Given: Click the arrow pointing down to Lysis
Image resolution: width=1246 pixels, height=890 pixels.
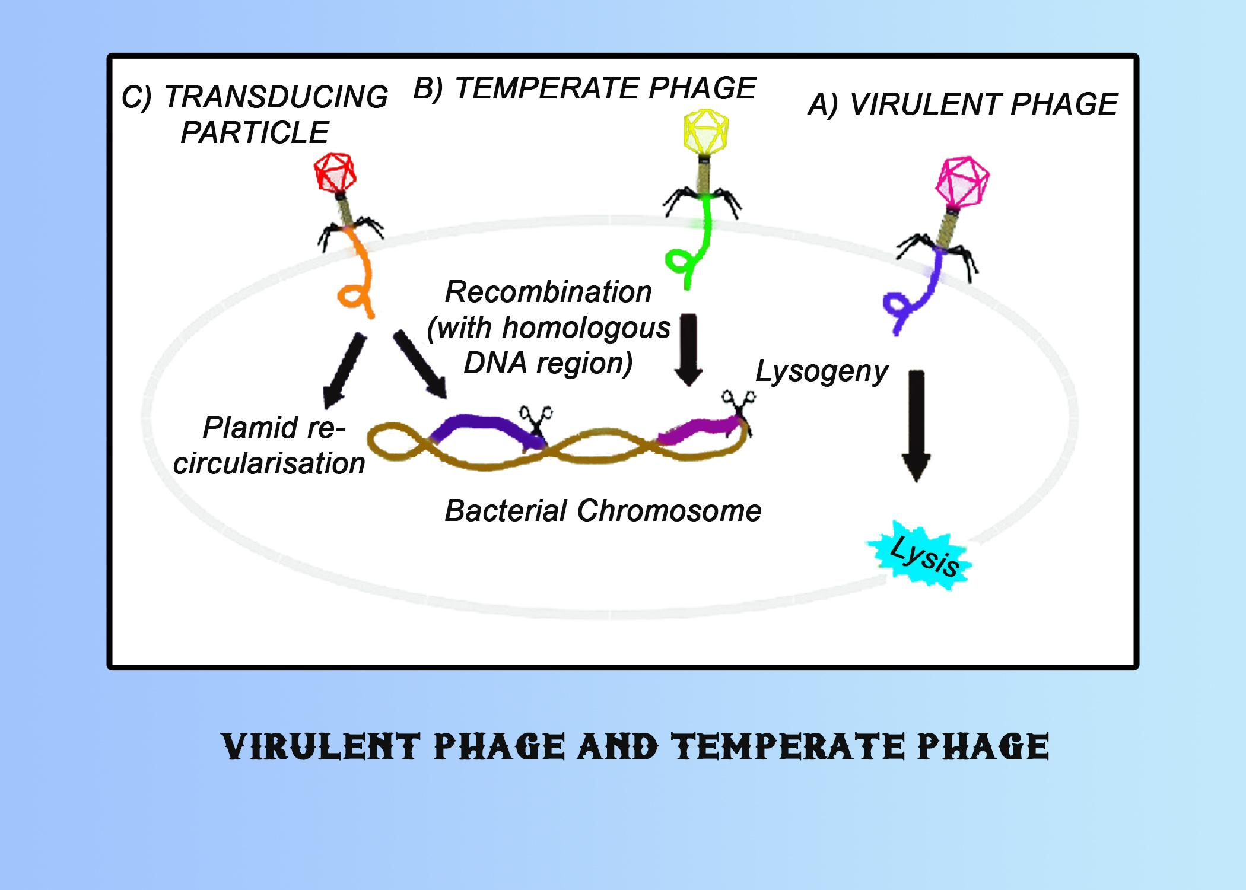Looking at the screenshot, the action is pos(916,426).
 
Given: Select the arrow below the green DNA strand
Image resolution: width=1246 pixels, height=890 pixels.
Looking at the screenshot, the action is pos(688,349).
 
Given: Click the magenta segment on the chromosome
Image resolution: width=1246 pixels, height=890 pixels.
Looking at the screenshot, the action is pos(698,431).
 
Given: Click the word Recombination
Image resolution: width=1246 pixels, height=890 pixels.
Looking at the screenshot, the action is pos(548,292).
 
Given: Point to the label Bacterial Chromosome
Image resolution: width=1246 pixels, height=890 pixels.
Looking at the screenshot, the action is pos(603,510).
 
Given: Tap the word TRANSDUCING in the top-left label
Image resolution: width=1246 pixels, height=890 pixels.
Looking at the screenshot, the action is pos(276,97).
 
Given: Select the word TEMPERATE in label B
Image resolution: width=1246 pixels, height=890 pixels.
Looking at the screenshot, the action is pos(546,88).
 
